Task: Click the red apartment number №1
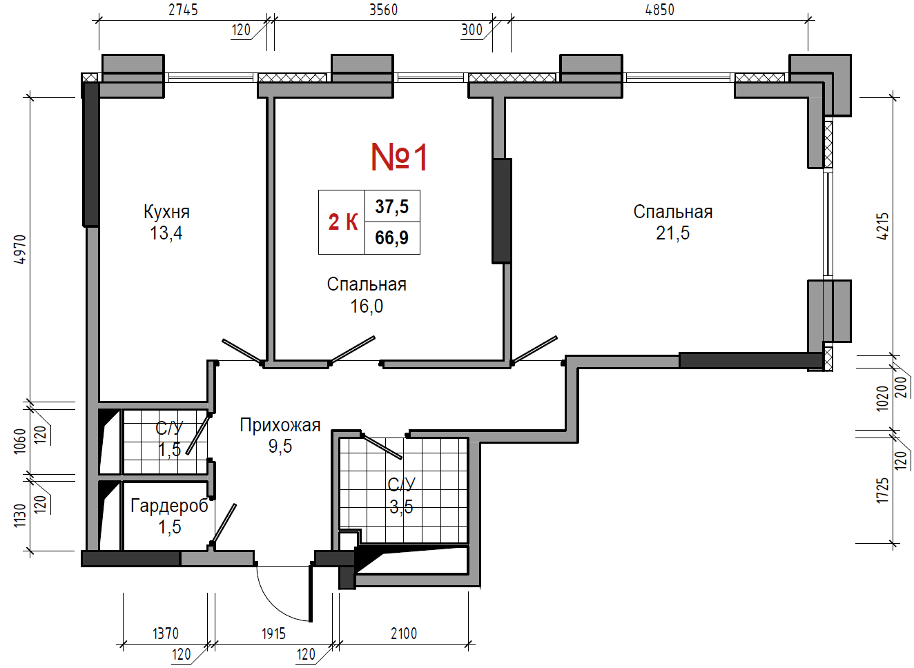point(398,157)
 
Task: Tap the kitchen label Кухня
point(166,212)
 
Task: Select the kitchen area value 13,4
point(166,233)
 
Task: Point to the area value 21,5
point(672,233)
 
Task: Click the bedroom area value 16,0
point(367,306)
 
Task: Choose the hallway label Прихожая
point(280,425)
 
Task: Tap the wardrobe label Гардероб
point(169,506)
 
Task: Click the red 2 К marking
point(342,222)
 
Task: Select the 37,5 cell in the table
point(391,206)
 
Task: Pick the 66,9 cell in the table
point(391,238)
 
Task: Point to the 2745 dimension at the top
point(183,10)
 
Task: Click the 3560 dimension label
point(384,10)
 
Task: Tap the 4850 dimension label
point(659,10)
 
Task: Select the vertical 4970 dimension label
point(19,249)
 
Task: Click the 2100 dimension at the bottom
point(404,633)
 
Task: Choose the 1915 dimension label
point(273,633)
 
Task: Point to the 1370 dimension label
point(166,633)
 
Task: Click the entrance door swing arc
point(273,605)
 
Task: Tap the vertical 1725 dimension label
point(882,491)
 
